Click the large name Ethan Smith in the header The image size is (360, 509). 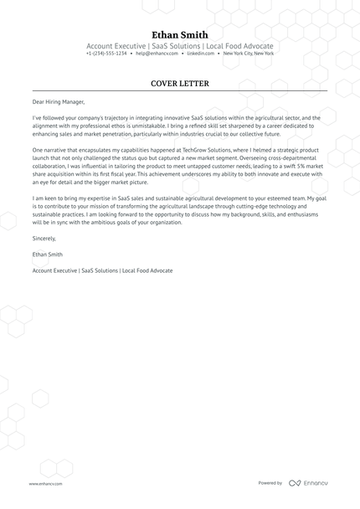pos(179,33)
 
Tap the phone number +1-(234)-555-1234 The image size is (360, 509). pos(106,54)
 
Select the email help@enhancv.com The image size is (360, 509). pos(156,54)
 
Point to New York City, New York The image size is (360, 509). pos(249,54)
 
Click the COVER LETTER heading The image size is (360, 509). pos(179,84)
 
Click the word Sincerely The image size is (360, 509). pos(46,239)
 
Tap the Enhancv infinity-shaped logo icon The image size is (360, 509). pos(295,483)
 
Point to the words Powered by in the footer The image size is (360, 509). pos(270,483)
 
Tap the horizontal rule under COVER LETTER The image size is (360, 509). pos(179,91)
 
